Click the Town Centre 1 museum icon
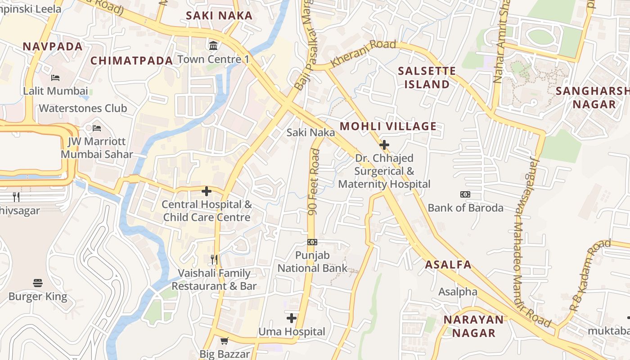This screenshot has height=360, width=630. tap(213, 45)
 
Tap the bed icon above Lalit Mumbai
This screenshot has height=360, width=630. tap(55, 78)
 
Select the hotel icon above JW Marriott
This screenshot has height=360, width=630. tap(97, 128)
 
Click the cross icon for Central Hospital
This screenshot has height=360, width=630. tap(207, 191)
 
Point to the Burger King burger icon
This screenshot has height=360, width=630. tap(38, 283)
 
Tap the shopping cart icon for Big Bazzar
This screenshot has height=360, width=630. tap(224, 341)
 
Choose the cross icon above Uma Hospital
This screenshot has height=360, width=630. tap(292, 319)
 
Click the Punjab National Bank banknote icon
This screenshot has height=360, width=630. tap(312, 242)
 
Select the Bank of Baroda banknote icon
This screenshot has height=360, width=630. tap(465, 194)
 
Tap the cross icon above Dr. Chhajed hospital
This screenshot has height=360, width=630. tap(384, 145)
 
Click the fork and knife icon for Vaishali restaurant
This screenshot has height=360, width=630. tap(214, 260)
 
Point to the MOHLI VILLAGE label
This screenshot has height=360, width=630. tap(388, 126)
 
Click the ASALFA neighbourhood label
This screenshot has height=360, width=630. tap(449, 265)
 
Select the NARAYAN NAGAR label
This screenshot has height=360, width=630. tap(473, 326)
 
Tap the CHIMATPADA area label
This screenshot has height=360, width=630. tap(132, 61)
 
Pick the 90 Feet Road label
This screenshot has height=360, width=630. tap(314, 181)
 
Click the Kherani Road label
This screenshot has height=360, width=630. tap(363, 54)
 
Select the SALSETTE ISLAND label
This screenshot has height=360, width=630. tap(427, 77)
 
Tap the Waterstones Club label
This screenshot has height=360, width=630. tap(83, 108)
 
